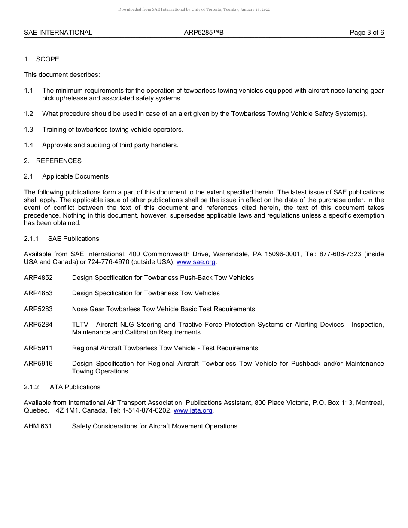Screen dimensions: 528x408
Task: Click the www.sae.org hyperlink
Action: click(196, 262)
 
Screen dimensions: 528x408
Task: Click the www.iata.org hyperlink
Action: click(193, 410)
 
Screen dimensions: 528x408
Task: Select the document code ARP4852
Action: click(38, 278)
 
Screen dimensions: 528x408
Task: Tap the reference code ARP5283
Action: click(38, 309)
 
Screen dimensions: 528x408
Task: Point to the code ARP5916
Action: click(38, 364)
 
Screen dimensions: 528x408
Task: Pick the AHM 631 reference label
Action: click(38, 426)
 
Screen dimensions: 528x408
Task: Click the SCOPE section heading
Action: click(47, 59)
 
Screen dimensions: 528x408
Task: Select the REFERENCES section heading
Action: click(58, 161)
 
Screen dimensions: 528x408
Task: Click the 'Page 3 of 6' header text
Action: click(367, 33)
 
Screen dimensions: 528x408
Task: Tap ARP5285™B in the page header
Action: click(204, 33)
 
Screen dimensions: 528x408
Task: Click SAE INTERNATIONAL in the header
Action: click(58, 33)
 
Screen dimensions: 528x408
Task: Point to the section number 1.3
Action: click(29, 130)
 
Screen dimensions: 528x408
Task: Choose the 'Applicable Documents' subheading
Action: click(75, 176)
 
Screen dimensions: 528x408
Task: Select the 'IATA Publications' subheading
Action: click(74, 387)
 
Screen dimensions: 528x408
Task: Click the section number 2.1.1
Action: click(31, 239)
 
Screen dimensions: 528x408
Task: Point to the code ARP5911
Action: click(38, 348)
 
